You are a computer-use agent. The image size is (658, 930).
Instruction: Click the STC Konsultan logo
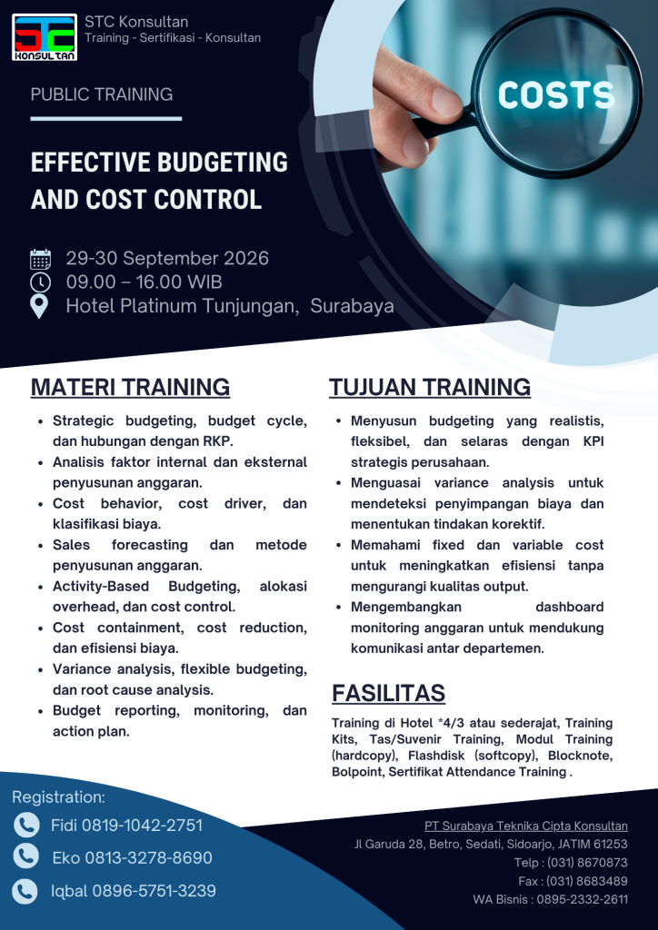click(45, 37)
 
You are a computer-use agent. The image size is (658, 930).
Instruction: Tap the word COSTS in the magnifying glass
click(556, 94)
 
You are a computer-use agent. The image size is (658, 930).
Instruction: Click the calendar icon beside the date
click(40, 259)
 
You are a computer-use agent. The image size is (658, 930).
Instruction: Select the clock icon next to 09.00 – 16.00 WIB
click(40, 282)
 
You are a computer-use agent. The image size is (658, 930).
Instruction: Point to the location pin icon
click(39, 307)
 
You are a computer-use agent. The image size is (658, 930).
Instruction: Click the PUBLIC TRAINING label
click(102, 94)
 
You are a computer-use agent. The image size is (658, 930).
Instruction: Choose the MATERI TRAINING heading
click(130, 387)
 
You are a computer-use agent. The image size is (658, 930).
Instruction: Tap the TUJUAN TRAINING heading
click(430, 387)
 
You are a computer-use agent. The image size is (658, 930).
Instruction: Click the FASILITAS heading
click(389, 693)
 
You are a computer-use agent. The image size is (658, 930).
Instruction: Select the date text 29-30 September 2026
click(167, 259)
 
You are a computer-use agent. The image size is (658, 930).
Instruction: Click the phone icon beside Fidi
click(26, 825)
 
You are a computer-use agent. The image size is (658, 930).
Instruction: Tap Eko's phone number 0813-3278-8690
click(148, 857)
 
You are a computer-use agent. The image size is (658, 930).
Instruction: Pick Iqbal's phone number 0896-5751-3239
click(154, 891)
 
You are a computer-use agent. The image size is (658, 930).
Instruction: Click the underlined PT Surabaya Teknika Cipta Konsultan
click(525, 826)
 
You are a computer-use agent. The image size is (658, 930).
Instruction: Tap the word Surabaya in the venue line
click(352, 306)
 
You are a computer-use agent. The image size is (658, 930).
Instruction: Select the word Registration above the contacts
click(58, 797)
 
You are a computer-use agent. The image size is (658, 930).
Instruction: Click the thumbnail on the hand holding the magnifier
click(446, 102)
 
